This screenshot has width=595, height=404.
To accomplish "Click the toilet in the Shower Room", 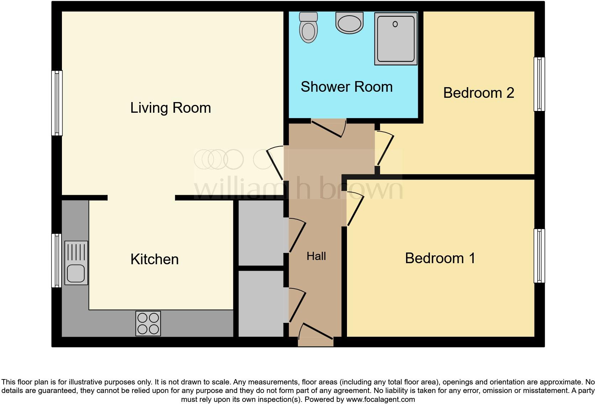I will tap(309, 28).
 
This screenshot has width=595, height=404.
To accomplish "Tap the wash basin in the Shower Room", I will tap(349, 23).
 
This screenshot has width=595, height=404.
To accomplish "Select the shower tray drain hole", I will tap(395, 24).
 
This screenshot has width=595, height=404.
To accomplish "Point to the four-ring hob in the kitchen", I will tap(148, 323).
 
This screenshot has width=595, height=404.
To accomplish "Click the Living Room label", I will tap(170, 108).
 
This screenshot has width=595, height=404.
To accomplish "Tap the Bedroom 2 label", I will tap(478, 93).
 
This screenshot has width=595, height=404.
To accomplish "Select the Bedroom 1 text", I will tap(440, 258).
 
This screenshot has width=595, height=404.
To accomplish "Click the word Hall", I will tap(316, 256).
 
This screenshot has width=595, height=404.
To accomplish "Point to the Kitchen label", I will tap(154, 259).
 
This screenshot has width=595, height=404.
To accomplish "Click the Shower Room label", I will tap(346, 87).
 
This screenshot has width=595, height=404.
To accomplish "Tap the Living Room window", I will tap(57, 103).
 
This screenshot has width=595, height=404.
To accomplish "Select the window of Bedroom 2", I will tap(539, 84).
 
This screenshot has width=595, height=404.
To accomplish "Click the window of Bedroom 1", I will tap(539, 256).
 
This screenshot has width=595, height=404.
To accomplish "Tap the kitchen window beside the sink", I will tap(56, 260).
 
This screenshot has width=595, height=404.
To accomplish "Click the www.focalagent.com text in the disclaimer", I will tap(380, 399).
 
